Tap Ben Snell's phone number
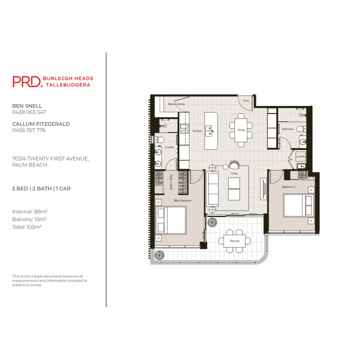coord(29,112)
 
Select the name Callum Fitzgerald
coord(41,124)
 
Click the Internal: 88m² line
coord(30,211)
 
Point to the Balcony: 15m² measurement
coord(29,219)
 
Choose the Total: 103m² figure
coord(27,227)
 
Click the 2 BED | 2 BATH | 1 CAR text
coord(41,188)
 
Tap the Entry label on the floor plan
coord(246,101)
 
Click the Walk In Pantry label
coord(176,104)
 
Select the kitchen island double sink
coord(209,131)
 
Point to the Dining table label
coord(241,130)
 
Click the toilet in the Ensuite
coord(159,140)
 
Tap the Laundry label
coord(301,156)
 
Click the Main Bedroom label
coord(183,200)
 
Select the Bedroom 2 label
coord(289,187)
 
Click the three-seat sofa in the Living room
coord(213,189)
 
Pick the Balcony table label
coord(235,241)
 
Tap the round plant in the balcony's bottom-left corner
coord(160,255)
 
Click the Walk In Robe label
coord(171,182)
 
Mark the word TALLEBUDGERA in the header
coord(68,85)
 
